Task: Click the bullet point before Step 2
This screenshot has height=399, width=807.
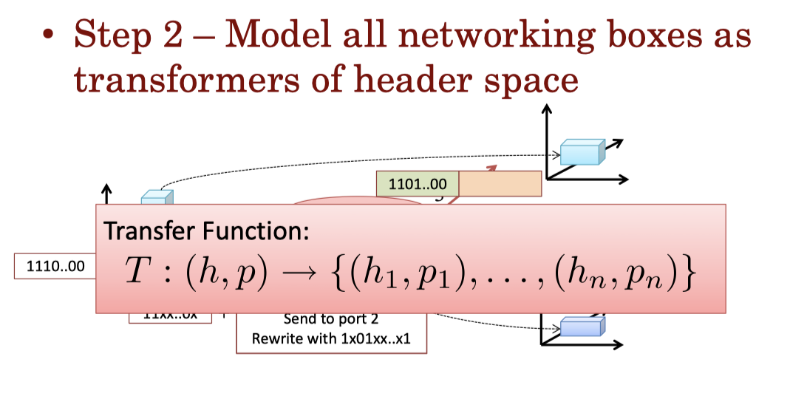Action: tap(50, 35)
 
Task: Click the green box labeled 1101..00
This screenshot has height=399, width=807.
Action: tap(417, 183)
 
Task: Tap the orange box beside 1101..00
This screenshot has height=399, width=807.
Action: tap(500, 183)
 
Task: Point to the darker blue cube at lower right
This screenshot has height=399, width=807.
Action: tap(582, 326)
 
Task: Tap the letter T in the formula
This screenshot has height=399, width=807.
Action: tap(137, 273)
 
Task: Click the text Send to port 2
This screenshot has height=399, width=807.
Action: tap(330, 320)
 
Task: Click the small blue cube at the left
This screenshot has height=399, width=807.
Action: tap(157, 197)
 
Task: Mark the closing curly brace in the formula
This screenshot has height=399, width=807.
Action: tap(688, 274)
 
